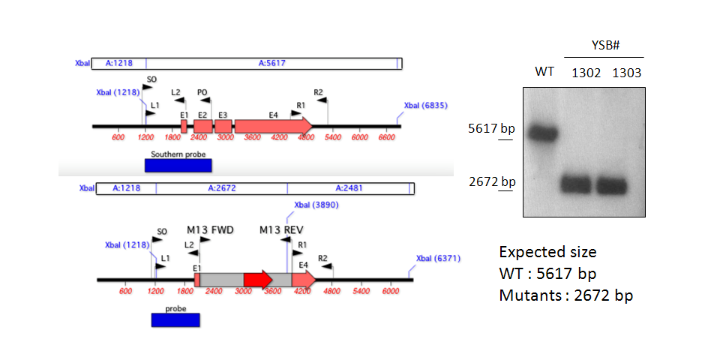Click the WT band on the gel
click(x=542, y=133)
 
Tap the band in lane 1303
click(x=612, y=185)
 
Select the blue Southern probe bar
click(x=178, y=165)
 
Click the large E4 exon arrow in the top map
click(x=274, y=125)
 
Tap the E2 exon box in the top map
click(x=203, y=126)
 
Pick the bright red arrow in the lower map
click(x=259, y=280)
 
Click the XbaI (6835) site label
click(x=426, y=106)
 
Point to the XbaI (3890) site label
click(x=316, y=205)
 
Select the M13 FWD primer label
click(x=210, y=229)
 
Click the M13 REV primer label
click(x=281, y=229)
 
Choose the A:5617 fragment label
click(x=271, y=63)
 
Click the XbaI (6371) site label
click(x=438, y=259)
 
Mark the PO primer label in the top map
click(x=202, y=91)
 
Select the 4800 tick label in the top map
click(x=306, y=136)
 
